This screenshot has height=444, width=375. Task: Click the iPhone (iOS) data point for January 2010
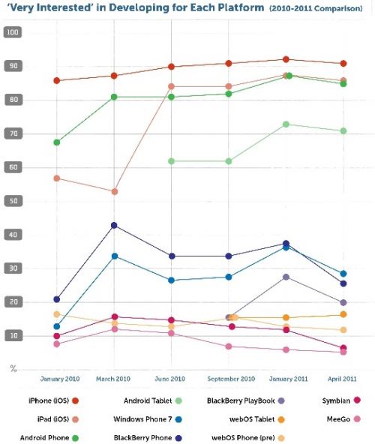[x=57, y=80]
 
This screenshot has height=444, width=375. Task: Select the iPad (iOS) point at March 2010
[x=114, y=192]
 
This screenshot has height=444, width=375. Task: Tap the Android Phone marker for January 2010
[x=57, y=142]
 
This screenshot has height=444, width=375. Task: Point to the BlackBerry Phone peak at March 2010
[x=114, y=225]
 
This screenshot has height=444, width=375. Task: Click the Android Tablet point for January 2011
[x=286, y=124]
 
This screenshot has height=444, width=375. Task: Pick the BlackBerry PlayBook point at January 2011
[x=286, y=277]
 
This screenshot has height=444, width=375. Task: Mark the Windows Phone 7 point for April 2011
[x=343, y=274]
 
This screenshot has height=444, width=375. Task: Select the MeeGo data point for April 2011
[x=343, y=352]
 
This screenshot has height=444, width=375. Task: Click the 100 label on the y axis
[x=12, y=32]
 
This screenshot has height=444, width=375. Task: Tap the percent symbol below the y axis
[x=12, y=367]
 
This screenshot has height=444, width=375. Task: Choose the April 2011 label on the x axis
[x=342, y=379]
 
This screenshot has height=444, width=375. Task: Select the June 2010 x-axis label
[x=171, y=379]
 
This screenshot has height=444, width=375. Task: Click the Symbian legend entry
[x=324, y=400]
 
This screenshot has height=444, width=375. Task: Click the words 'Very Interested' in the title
[x=42, y=10]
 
